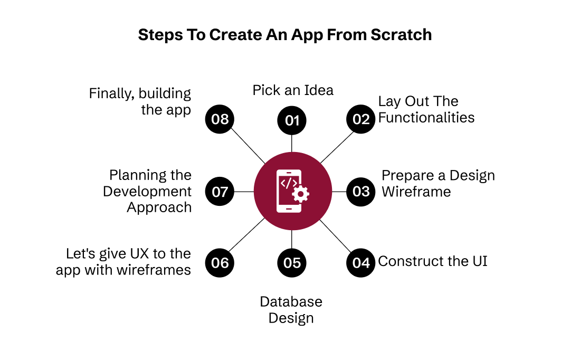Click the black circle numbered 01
pos(292,120)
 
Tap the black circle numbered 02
pos(361,119)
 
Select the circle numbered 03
pos(361,191)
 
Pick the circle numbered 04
pos(361,262)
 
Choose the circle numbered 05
pos(292,263)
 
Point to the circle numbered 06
pos(220,262)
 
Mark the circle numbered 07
pos(220,191)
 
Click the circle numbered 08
pos(220,119)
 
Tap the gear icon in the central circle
pos(300,194)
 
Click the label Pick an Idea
pos(293,90)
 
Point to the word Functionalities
pos(426,117)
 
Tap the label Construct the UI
pos(432,261)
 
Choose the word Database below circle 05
pos(291,302)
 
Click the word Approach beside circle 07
pos(159,207)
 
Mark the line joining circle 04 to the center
pos(336,235)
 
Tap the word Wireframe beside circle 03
pos(416,191)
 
